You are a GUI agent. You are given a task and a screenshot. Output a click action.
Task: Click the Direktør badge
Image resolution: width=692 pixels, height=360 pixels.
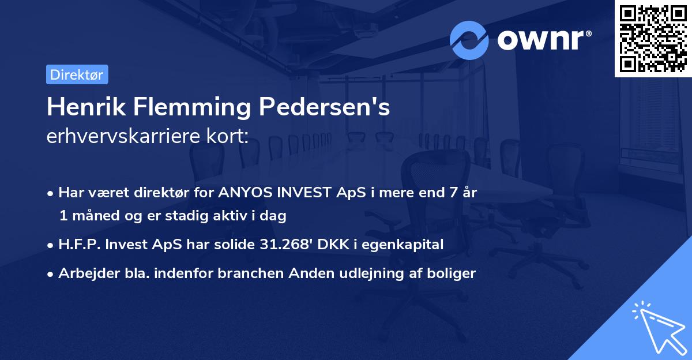pyautogui.click(x=77, y=74)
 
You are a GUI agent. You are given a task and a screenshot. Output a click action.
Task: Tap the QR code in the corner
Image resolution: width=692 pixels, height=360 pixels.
pyautogui.click(x=653, y=38)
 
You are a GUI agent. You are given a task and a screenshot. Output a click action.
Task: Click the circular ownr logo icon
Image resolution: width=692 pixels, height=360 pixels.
pyautogui.click(x=469, y=40)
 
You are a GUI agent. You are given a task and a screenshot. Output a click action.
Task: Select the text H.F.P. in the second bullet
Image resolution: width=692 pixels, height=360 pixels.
pyautogui.click(x=77, y=245)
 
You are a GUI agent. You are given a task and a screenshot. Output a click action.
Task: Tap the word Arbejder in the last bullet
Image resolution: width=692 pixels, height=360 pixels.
pyautogui.click(x=82, y=273)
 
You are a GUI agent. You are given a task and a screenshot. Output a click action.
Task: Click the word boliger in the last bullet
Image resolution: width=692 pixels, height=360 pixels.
pyautogui.click(x=453, y=273)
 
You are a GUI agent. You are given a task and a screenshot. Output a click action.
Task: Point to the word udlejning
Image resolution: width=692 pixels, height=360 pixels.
pyautogui.click(x=375, y=273)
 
